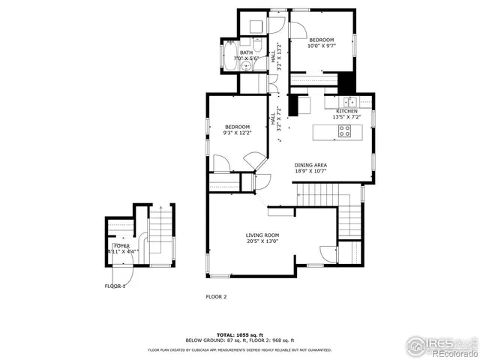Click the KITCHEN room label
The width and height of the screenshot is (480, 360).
[346, 112]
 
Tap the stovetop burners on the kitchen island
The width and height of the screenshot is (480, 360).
[345, 130]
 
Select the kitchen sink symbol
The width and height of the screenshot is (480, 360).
[349, 100]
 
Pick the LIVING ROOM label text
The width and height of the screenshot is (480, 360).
[262, 235]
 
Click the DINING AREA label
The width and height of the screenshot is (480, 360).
[310, 165]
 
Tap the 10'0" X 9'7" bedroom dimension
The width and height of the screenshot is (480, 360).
[322, 46]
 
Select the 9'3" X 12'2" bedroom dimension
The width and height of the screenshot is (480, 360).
[238, 133]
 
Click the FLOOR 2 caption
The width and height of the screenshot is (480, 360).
[216, 296]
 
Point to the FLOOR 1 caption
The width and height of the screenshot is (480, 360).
[115, 286]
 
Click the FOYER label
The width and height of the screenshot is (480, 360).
[121, 245]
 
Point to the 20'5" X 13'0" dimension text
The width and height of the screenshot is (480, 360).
[262, 241]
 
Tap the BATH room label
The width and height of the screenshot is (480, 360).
[246, 52]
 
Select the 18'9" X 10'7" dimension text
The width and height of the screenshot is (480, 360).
[310, 171]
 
